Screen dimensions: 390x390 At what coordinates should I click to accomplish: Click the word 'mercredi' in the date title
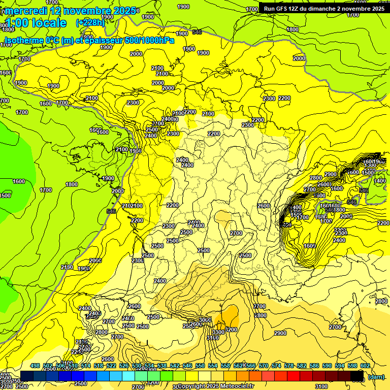tap(24, 11)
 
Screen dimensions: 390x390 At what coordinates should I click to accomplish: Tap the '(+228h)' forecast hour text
tap(90, 23)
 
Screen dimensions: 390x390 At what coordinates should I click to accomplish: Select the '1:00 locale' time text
tap(35, 23)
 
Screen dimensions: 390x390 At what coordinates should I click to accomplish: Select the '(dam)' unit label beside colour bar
tap(376, 377)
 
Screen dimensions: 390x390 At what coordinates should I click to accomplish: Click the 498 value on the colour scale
tap(35, 366)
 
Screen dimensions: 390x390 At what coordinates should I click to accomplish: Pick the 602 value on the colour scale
tap(365, 366)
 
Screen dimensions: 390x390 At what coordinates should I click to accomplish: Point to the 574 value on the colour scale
tap(276, 366)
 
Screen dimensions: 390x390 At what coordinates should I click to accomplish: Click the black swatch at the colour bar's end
tap(357, 376)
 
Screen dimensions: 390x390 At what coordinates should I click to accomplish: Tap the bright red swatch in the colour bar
tap(294, 376)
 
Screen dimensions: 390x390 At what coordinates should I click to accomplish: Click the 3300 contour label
tap(218, 332)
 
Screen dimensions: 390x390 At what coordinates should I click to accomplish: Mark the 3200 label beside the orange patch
tap(231, 330)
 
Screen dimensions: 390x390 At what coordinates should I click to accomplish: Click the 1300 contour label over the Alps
tap(370, 165)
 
